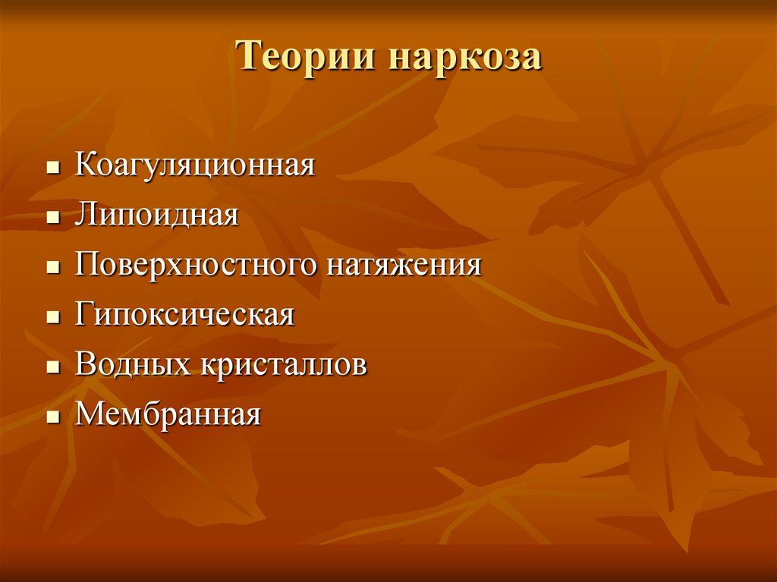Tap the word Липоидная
click(x=157, y=216)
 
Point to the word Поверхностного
click(x=197, y=266)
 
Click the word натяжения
click(x=404, y=266)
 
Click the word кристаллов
click(x=284, y=365)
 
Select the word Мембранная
click(x=168, y=415)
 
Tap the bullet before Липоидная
click(x=52, y=218)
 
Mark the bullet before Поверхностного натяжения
click(x=52, y=268)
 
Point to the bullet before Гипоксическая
click(x=52, y=317)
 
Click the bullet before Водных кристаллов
click(x=52, y=367)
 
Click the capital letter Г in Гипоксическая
click(x=83, y=314)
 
